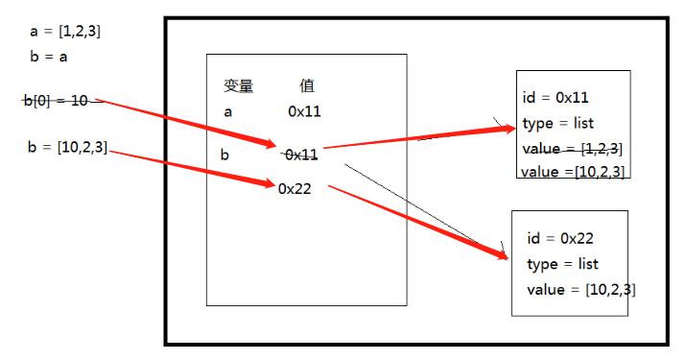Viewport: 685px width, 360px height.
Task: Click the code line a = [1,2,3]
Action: click(x=65, y=31)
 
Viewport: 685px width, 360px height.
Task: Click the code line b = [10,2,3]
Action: click(x=68, y=146)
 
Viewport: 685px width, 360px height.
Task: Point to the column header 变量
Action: click(x=238, y=86)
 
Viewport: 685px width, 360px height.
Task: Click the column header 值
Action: click(x=307, y=86)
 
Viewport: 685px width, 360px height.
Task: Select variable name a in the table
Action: click(x=227, y=111)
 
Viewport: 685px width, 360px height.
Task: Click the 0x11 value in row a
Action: click(x=304, y=111)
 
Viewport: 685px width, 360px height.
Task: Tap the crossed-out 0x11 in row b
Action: click(x=301, y=154)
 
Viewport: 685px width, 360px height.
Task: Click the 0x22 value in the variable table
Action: click(x=294, y=188)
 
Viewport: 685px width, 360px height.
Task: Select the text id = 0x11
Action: click(x=555, y=97)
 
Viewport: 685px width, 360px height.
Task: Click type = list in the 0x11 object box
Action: click(x=558, y=123)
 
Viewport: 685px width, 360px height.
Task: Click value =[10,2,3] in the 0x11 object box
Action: click(x=573, y=172)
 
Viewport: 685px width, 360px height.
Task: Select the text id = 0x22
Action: click(x=561, y=238)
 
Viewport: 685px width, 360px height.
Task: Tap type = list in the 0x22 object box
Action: click(x=562, y=264)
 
